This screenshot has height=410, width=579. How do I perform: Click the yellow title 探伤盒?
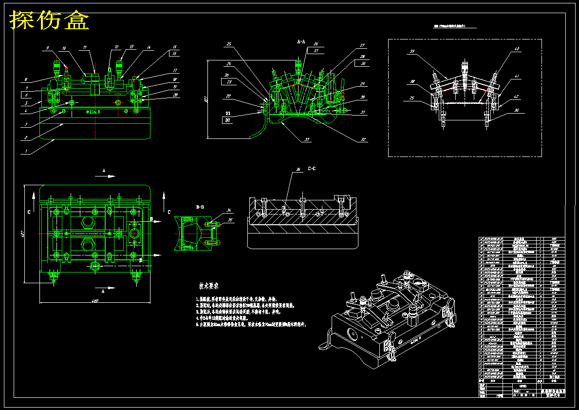(x=50, y=20)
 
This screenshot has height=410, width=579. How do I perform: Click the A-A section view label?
(x=301, y=42)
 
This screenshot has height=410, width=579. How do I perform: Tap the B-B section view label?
(x=200, y=207)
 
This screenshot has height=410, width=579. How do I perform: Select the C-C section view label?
(x=312, y=169)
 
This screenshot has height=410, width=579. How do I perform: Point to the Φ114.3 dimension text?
(x=93, y=112)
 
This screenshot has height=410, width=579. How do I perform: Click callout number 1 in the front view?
(x=25, y=151)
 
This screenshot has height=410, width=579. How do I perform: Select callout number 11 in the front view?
(x=85, y=48)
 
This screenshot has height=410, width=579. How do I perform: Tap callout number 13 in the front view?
(x=131, y=47)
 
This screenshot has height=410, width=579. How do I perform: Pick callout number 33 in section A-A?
(x=307, y=139)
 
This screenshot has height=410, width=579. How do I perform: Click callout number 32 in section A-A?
(x=363, y=139)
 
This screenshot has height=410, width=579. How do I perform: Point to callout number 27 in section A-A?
(x=362, y=46)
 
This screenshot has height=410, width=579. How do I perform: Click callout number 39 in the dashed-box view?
(x=411, y=51)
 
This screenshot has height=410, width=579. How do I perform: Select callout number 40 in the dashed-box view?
(x=517, y=49)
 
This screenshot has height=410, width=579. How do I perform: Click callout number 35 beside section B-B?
(x=229, y=220)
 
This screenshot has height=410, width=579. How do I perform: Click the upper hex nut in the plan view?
(x=88, y=222)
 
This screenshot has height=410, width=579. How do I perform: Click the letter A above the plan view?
(x=104, y=171)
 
